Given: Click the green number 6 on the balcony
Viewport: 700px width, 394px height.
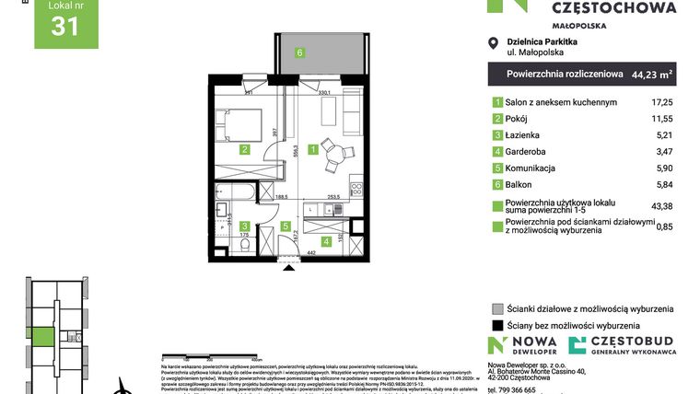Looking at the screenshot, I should coord(300,52).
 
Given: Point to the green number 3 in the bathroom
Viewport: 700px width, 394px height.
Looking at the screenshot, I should coord(244,226).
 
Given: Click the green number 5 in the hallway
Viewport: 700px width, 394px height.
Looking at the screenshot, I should coord(286,226).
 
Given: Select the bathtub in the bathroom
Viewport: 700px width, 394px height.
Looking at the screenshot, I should coord(238,191).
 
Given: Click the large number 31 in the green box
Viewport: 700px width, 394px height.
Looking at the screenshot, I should coord(64,28).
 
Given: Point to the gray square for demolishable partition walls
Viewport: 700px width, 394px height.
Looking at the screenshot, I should coord(498,308).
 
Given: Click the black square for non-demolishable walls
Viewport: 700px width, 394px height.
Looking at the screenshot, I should coord(498,325).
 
